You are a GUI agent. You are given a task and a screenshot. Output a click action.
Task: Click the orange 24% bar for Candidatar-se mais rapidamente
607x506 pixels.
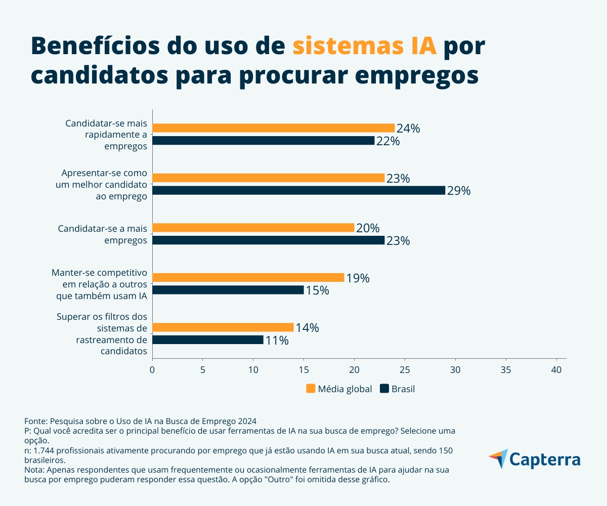pos(273,128)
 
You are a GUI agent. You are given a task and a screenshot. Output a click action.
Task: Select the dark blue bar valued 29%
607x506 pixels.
pos(298,190)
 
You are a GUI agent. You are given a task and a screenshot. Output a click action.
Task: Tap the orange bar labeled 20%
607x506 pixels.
pos(253,228)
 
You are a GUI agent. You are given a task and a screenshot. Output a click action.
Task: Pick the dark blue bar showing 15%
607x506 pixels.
pos(228,290)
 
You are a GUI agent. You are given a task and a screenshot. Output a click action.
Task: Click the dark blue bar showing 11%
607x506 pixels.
pos(207,340)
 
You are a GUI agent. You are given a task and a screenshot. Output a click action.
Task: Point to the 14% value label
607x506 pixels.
pos(307,328)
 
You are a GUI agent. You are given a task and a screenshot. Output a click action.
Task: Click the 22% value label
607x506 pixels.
pos(388,141)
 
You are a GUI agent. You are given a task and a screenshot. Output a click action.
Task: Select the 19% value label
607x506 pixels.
pos(358,278)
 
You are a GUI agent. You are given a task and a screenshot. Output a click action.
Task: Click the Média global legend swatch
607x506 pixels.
pos(311,389)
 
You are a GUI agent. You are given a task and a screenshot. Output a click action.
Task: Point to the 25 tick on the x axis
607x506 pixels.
pos(405,370)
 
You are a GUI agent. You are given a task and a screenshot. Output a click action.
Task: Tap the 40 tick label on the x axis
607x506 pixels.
pos(556,370)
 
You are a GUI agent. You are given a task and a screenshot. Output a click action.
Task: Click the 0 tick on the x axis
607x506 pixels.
pos(152,370)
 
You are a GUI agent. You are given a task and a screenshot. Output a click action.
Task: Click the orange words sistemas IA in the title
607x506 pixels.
pos(364,47)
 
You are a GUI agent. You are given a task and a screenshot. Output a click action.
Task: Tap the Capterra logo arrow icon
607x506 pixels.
pos(498,458)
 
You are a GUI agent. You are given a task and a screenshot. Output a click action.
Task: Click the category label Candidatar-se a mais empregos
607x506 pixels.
pos(102,234)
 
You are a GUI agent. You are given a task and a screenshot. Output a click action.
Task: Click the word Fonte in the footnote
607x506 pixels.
pos(35,421)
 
